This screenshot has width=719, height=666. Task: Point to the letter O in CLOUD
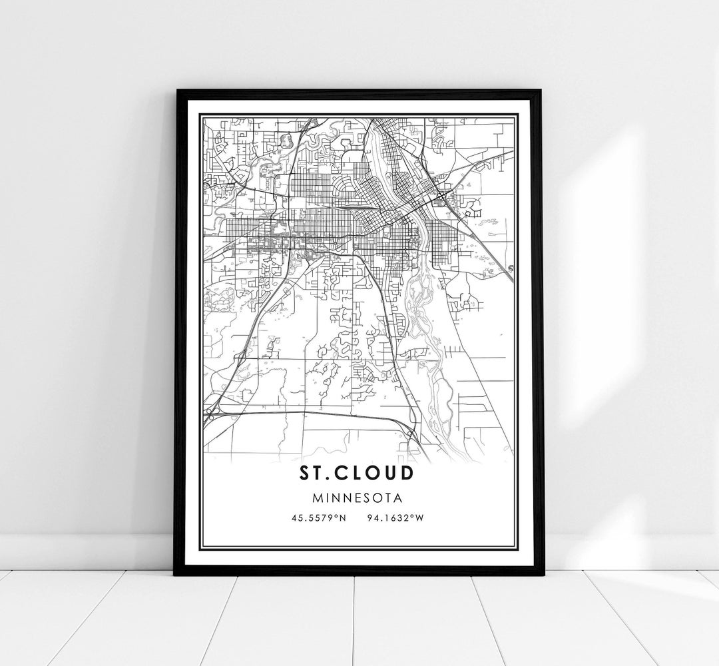[369, 473]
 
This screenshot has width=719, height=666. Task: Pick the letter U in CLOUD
[387, 473]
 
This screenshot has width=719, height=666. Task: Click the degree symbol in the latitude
[336, 513]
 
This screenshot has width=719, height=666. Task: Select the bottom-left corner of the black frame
[175, 573]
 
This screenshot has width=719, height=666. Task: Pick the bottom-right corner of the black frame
[543, 573]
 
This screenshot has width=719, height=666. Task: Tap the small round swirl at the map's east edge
[511, 268]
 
